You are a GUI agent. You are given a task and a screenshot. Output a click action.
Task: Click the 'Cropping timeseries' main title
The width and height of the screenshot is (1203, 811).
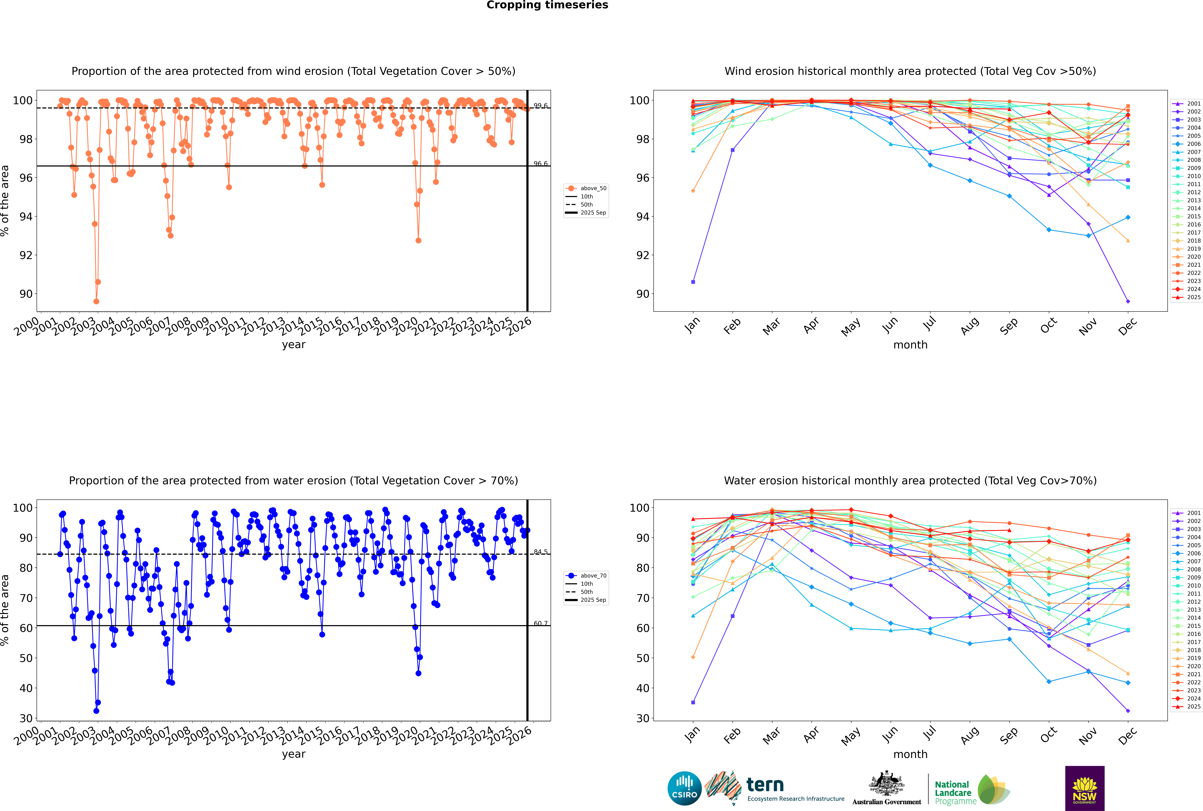[547, 5]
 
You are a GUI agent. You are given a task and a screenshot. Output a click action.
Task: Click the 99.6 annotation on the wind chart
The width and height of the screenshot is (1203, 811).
[540, 106]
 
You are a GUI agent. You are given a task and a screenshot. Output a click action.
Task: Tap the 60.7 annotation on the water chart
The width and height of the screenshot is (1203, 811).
[540, 623]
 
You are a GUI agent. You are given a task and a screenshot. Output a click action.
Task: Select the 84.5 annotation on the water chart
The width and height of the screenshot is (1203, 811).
[540, 552]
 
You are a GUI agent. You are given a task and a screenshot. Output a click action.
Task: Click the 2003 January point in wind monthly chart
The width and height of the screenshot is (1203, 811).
[693, 282]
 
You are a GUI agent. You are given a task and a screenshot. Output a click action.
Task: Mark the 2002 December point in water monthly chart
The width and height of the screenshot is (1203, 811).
[1128, 711]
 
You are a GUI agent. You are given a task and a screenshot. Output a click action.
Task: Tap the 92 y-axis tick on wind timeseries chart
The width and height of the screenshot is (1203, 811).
[26, 255]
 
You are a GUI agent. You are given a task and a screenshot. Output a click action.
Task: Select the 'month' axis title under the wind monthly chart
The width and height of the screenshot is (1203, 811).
[910, 345]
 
